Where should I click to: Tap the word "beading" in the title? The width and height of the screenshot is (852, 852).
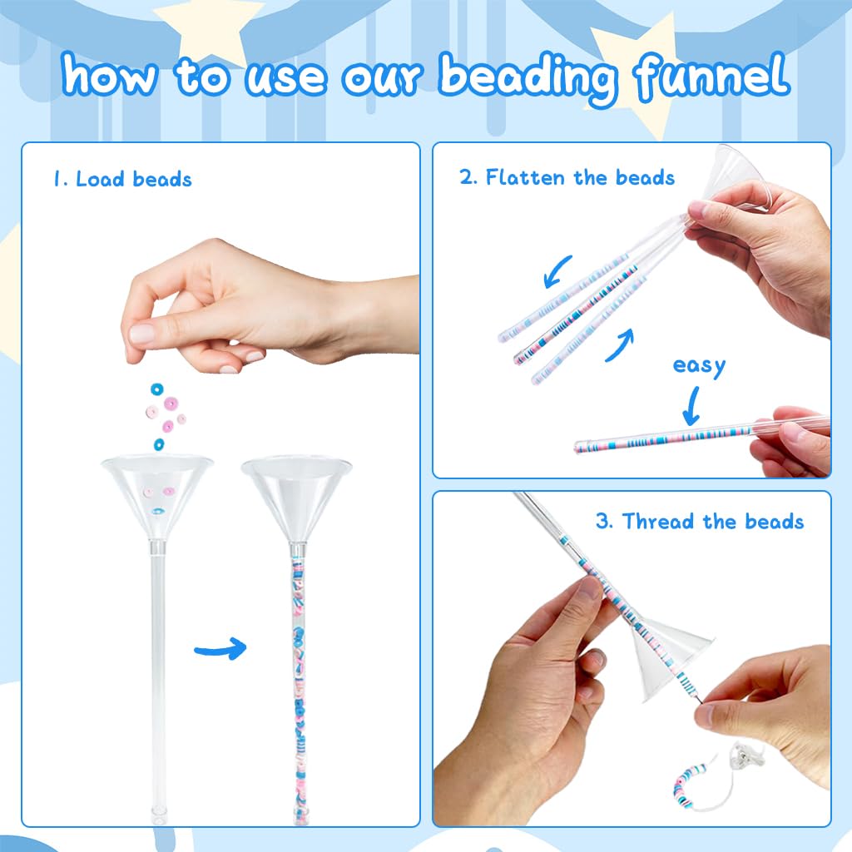(528, 79)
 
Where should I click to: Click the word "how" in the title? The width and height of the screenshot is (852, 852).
(110, 74)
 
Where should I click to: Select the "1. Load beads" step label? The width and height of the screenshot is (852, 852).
(122, 179)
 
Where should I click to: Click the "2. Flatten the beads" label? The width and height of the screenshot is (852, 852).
(567, 177)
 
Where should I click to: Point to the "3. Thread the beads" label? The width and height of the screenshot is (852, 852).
(700, 521)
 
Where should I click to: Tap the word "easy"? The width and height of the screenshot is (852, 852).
(699, 366)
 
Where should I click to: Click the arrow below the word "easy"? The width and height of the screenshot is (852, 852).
(691, 406)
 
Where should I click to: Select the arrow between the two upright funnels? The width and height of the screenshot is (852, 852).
(220, 648)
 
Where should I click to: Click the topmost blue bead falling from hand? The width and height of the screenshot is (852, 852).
(157, 389)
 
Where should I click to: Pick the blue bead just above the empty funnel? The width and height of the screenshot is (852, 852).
(159, 444)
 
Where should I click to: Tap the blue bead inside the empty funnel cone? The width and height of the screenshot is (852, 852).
(158, 512)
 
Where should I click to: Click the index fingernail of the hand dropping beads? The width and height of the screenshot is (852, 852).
(141, 334)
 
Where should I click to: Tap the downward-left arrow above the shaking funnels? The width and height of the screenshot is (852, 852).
(557, 271)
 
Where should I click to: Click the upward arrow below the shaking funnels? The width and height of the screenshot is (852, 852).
(620, 345)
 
